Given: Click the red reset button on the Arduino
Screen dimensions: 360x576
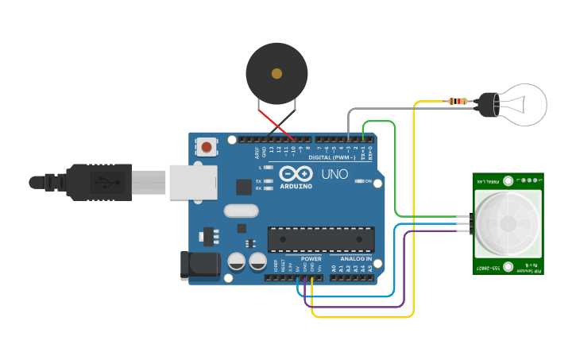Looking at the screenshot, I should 207,146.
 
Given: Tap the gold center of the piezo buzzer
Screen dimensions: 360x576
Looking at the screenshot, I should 276,74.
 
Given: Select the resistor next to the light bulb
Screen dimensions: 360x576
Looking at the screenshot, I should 458,101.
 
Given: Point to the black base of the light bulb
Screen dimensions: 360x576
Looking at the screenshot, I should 485,103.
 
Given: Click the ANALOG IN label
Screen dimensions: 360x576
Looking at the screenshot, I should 356,258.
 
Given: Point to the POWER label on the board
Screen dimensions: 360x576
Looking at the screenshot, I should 311,258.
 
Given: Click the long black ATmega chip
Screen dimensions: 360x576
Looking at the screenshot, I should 321,238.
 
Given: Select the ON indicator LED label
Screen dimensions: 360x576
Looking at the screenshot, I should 368,182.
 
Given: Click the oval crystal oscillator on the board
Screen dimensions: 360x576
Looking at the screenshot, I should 242,211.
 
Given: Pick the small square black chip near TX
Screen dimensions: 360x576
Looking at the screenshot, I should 244,187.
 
